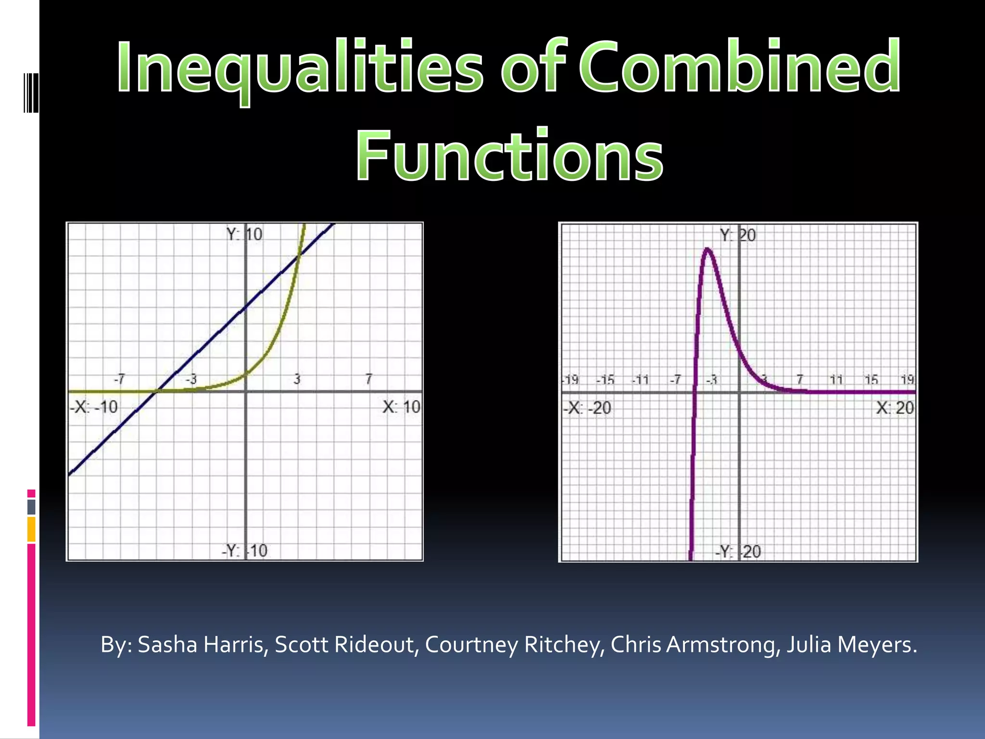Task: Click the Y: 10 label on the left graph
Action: pos(244,235)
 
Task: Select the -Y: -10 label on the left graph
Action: pos(244,550)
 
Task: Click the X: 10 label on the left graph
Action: pos(401,408)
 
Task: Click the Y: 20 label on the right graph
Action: pos(738,236)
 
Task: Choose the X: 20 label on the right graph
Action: pos(895,408)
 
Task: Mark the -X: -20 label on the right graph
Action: pos(587,408)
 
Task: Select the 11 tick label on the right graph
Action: pos(837,380)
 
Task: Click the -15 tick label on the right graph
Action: pos(606,380)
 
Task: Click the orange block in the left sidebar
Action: pos(31,529)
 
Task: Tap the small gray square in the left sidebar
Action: pos(31,507)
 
